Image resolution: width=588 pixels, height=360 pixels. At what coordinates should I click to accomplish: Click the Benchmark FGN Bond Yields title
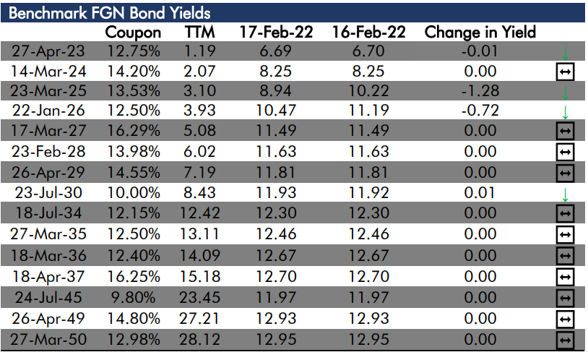click(x=110, y=13)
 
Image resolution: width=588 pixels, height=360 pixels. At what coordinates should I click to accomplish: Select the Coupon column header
click(x=133, y=33)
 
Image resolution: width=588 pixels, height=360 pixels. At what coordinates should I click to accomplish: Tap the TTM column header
click(x=199, y=32)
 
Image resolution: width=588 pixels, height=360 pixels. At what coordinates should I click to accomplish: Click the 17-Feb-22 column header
click(x=276, y=32)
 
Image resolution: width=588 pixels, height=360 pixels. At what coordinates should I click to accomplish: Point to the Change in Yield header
click(x=480, y=32)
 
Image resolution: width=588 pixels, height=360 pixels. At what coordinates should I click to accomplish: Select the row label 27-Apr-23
click(x=48, y=51)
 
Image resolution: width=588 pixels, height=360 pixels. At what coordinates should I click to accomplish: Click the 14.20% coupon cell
click(x=134, y=71)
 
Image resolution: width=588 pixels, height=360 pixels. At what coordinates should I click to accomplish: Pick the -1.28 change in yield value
click(x=480, y=90)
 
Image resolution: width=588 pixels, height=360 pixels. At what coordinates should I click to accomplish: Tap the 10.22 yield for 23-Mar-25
click(x=368, y=90)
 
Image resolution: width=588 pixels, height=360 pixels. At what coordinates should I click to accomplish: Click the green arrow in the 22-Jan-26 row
click(x=565, y=113)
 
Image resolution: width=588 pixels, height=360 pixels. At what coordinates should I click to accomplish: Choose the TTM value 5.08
click(x=199, y=130)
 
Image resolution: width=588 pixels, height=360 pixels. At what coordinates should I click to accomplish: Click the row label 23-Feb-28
click(x=48, y=151)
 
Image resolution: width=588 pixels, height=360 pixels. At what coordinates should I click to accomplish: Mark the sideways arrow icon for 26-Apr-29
click(x=565, y=173)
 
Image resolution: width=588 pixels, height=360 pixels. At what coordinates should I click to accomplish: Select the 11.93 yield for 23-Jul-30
click(x=276, y=192)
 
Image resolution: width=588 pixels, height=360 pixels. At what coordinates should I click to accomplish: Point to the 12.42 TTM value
click(x=199, y=213)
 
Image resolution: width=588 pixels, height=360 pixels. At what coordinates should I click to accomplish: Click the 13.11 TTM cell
click(x=199, y=234)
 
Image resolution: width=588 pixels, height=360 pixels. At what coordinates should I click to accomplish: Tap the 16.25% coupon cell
click(x=134, y=277)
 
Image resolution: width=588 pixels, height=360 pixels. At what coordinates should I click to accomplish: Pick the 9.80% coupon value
click(x=133, y=298)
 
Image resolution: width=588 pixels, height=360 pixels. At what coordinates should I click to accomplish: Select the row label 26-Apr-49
click(x=48, y=319)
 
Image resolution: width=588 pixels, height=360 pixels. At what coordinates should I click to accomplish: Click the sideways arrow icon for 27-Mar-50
click(x=565, y=340)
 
